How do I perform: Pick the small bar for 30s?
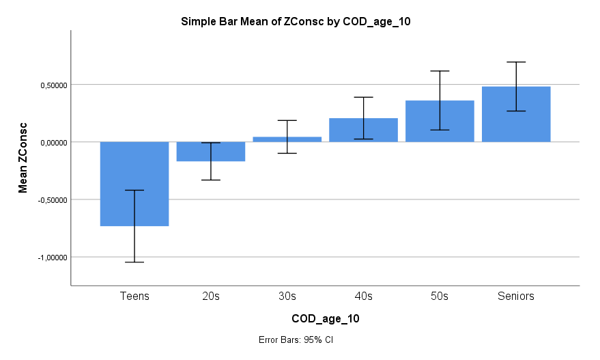[x=287, y=139]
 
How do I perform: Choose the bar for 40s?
[x=364, y=130]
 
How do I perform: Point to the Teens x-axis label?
[x=134, y=296]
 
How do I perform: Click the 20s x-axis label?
[x=211, y=296]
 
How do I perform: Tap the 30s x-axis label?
[x=287, y=296]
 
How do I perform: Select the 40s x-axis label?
[x=364, y=296]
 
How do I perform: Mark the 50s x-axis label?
[x=440, y=296]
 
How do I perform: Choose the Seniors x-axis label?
[x=516, y=296]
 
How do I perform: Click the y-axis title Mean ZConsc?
[x=23, y=158]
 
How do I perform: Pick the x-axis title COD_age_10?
[x=325, y=319]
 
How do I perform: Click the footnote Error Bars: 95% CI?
[x=295, y=340]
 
